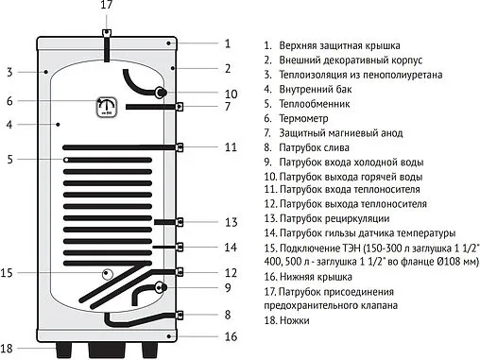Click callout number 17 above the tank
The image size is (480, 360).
pyautogui.click(x=106, y=7)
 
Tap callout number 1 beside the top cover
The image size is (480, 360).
pyautogui.click(x=227, y=43)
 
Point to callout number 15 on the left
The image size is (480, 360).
pyautogui.click(x=8, y=274)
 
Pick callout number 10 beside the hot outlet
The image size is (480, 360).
pyautogui.click(x=231, y=94)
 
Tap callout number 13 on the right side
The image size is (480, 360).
pyautogui.click(x=231, y=223)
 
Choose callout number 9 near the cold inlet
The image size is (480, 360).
pyautogui.click(x=228, y=287)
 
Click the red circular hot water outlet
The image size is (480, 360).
pyautogui.click(x=163, y=93)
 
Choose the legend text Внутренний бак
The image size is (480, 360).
pyautogui.click(x=318, y=90)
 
